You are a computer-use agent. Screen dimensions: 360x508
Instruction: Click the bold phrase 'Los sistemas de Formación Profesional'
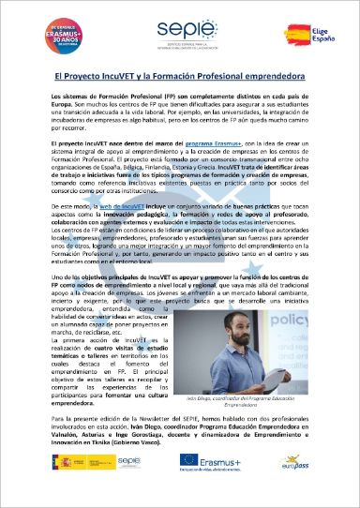click(x=106, y=97)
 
